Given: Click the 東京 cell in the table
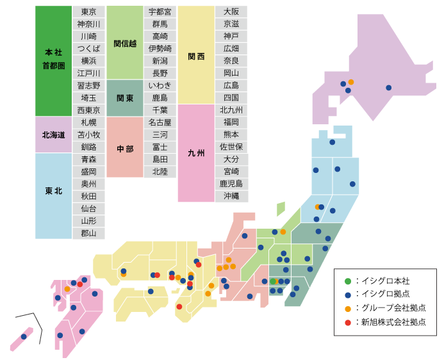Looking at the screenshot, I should (88, 12).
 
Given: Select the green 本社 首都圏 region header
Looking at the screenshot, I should (54, 61).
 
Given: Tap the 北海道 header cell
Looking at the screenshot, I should (54, 135).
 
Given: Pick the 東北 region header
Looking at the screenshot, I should (54, 190).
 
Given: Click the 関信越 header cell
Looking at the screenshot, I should (125, 43).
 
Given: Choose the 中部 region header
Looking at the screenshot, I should (125, 149).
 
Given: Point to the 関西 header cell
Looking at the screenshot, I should (196, 56).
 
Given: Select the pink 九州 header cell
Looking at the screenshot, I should (196, 154).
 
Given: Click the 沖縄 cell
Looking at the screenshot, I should (231, 195).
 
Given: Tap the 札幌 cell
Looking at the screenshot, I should (88, 122).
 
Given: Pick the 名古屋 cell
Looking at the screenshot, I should (160, 122).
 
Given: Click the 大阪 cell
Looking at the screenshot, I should (231, 12).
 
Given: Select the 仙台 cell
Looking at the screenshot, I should (88, 208).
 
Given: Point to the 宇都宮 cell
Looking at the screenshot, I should (160, 12).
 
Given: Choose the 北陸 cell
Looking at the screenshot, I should (160, 171).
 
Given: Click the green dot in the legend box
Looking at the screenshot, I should (348, 281).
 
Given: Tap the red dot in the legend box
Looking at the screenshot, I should (348, 322).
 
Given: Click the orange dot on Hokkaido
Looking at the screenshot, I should (351, 82).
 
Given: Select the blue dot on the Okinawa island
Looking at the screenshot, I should (24, 336).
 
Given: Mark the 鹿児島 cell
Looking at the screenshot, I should (231, 183).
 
